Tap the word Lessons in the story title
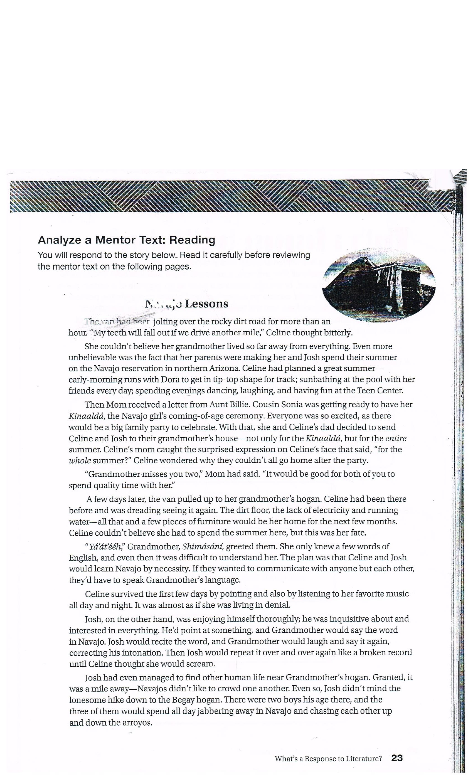point(206,304)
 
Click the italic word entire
point(396,438)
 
